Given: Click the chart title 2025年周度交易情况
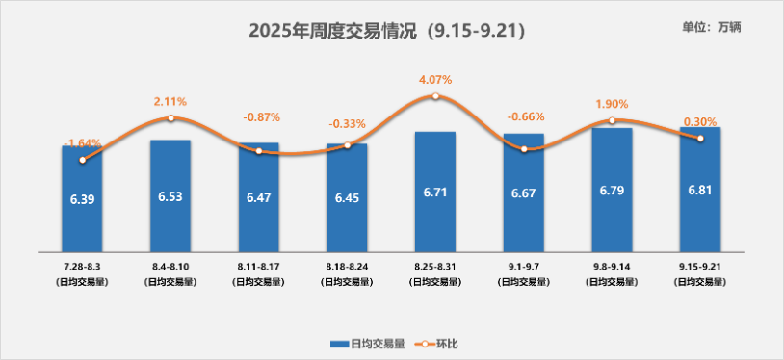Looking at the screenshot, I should pos(385,30).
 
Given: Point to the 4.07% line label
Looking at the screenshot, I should pos(434,79).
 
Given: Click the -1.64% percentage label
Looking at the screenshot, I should pos(82,143).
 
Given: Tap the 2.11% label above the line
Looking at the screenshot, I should pos(170,101).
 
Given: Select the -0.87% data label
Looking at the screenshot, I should pos(258,117).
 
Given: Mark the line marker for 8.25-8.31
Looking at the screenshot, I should pos(435,96).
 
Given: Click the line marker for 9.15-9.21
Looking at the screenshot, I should pos(700,139).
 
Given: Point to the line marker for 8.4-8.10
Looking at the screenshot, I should pos(170,118).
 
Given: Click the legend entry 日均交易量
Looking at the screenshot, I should pos(367,344).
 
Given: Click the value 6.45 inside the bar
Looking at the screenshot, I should pos(347,196).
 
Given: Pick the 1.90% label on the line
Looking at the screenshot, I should pos(612,104).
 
